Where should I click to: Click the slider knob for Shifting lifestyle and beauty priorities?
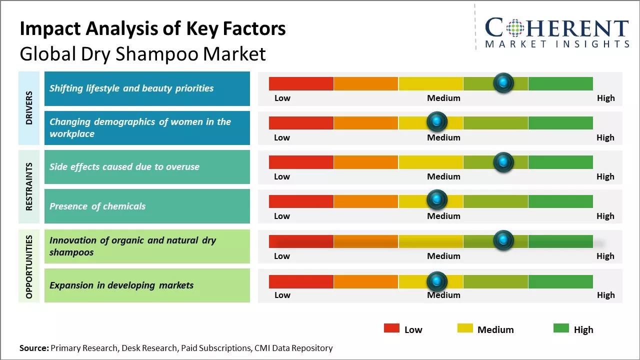click(x=503, y=82)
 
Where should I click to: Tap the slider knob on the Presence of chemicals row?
click(x=437, y=200)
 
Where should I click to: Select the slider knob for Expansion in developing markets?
click(x=437, y=281)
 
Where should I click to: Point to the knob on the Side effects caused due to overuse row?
click(x=503, y=162)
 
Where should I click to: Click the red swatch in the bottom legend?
click(x=391, y=328)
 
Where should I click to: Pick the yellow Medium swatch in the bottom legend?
click(x=465, y=328)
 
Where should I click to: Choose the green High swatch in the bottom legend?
click(x=561, y=328)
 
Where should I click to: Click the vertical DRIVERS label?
click(x=29, y=108)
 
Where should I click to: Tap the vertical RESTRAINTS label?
click(x=29, y=186)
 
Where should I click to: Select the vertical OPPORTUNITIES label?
click(x=29, y=266)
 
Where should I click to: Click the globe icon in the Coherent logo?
click(x=515, y=28)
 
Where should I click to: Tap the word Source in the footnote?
click(x=33, y=348)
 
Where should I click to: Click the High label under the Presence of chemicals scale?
click(x=605, y=216)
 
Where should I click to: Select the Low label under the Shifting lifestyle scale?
click(x=282, y=98)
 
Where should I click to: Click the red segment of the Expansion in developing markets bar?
click(x=301, y=281)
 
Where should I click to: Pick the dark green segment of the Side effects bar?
click(x=560, y=162)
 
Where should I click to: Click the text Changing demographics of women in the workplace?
click(x=140, y=128)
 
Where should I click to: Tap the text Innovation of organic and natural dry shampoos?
click(x=132, y=246)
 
